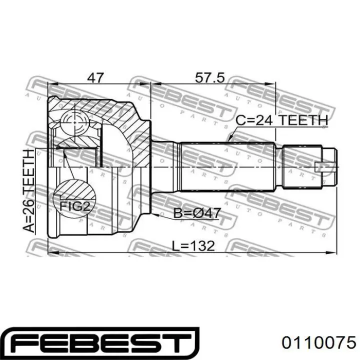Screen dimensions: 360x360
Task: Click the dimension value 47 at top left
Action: (x=95, y=77)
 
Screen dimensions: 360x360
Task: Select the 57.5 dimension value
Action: (x=209, y=77)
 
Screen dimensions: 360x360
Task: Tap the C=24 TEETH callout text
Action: (x=281, y=120)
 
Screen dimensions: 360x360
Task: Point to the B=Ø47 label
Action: (x=197, y=213)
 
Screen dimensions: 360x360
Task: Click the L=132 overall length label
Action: (x=193, y=246)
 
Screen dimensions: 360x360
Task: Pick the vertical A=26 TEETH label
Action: (x=29, y=191)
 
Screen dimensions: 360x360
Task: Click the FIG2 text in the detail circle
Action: (x=74, y=206)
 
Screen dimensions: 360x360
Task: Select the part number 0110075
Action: (x=319, y=343)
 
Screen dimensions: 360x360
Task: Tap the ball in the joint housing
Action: (x=75, y=122)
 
